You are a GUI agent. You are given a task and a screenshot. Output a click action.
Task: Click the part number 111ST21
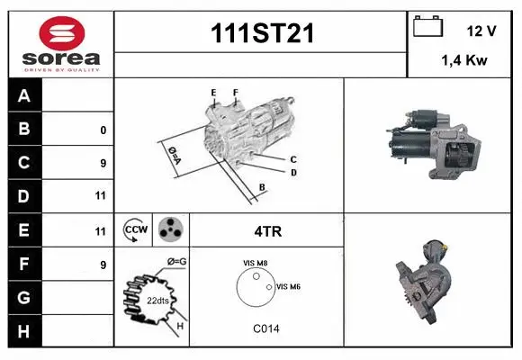[261, 32]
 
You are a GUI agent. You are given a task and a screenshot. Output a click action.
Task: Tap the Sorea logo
[61, 42]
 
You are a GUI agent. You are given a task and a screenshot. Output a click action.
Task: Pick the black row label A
[24, 95]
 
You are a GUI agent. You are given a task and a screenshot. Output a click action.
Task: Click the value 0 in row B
[103, 130]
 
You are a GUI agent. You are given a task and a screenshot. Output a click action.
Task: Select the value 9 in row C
[103, 163]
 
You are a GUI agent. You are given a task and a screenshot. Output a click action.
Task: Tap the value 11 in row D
[101, 196]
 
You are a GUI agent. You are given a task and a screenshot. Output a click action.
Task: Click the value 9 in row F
[103, 265]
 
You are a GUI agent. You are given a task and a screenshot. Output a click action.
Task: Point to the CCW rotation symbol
[135, 230]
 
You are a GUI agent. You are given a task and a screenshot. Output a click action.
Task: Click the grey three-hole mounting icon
[169, 230]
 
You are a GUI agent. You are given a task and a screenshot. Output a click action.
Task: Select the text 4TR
[268, 230]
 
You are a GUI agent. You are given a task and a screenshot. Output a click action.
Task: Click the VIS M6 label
[288, 286]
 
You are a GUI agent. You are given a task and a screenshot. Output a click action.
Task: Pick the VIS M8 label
[255, 263]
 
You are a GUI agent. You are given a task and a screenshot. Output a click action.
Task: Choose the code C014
[266, 329]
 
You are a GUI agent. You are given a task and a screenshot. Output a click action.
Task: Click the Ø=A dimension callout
[172, 155]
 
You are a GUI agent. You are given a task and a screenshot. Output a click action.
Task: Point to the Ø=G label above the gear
[175, 261]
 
